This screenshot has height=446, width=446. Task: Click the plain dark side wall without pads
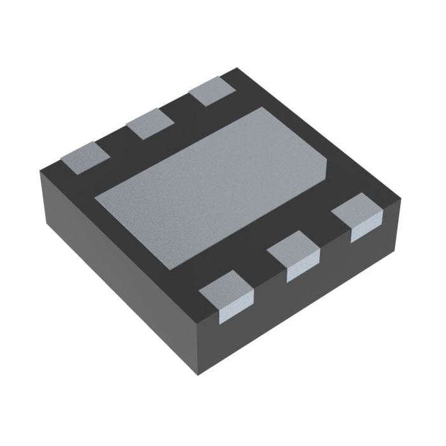(115, 268)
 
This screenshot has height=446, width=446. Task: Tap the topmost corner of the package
(236, 68)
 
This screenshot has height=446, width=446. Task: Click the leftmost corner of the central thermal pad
(95, 198)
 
